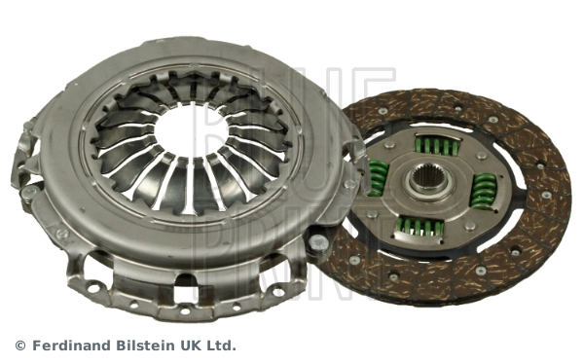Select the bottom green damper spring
[420, 227]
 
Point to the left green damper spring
[377, 176]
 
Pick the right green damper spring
[482, 191]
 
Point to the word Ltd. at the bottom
[221, 346]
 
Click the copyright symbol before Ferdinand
[19, 346]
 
